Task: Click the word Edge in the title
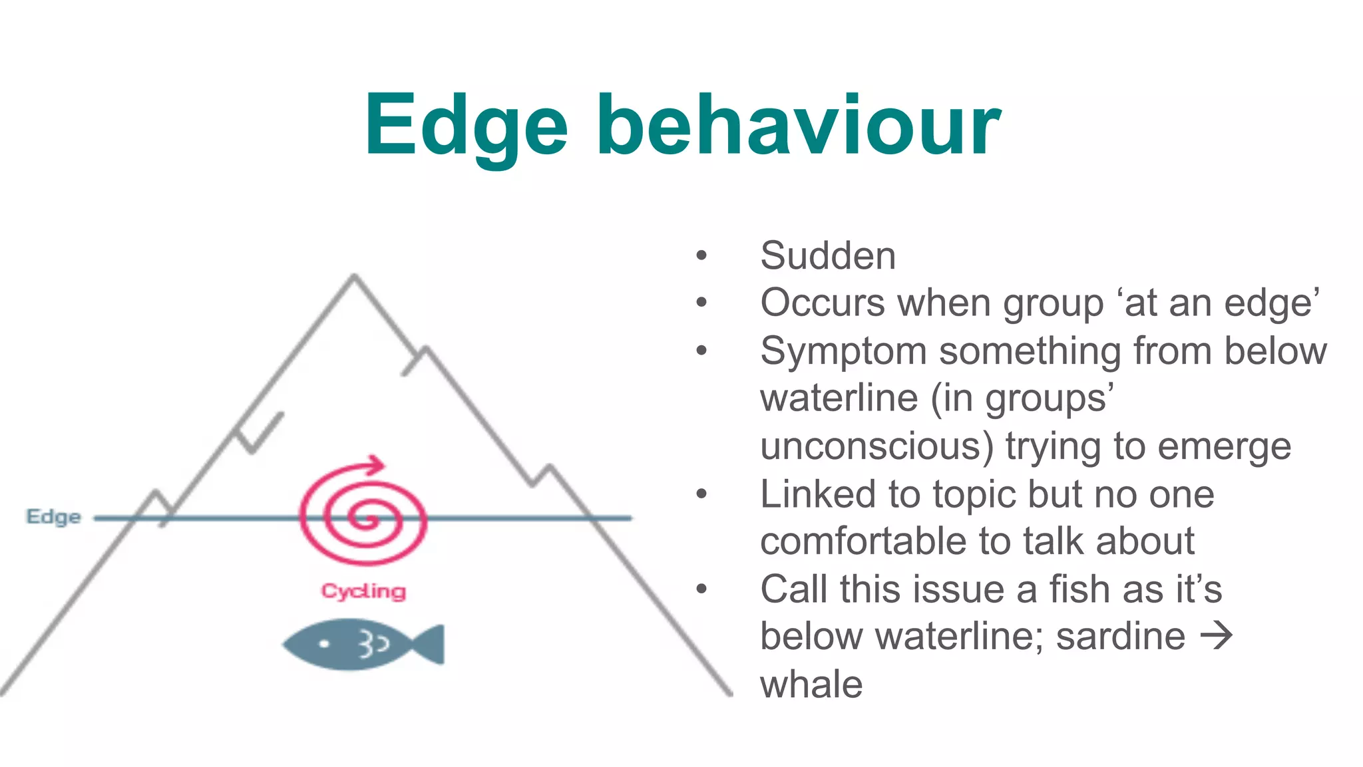pos(466,126)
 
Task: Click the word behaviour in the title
pos(799,126)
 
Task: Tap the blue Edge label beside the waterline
pos(53,517)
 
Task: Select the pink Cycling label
pos(363,591)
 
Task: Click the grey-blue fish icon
pos(363,644)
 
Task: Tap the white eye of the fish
pos(324,643)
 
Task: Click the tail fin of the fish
pos(429,644)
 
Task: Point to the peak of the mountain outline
pos(354,276)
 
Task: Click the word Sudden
pos(828,256)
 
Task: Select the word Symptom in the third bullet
pos(843,351)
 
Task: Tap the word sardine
pos(1121,637)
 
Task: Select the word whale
pos(811,685)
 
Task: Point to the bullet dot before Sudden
pos(701,255)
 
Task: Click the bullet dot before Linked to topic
pos(701,494)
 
